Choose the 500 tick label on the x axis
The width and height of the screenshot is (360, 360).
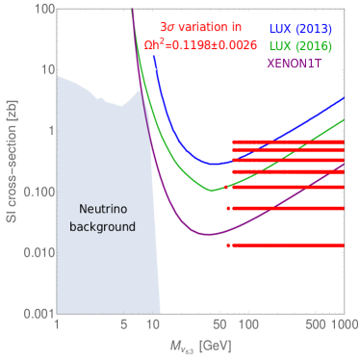pos(313,327)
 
